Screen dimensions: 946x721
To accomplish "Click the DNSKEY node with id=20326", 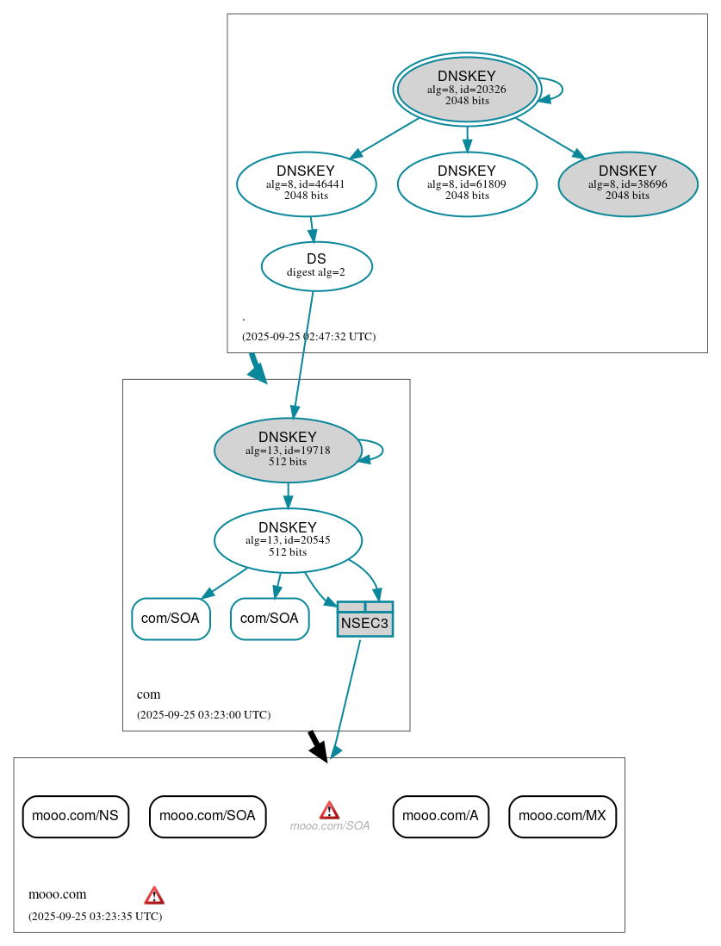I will (467, 89).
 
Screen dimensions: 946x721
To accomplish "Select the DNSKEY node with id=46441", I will (306, 184).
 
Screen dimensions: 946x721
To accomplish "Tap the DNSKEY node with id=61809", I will (467, 184).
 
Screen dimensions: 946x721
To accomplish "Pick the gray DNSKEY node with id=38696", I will (627, 184).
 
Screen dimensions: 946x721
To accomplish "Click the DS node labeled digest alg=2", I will (316, 266).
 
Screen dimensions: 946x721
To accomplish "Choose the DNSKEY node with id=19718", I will (288, 450).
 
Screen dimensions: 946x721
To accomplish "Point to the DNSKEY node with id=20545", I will (288, 540).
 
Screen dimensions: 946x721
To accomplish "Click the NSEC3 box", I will (365, 619).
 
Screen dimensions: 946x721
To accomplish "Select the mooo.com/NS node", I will (76, 816).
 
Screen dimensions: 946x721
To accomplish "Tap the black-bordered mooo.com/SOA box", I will (208, 816).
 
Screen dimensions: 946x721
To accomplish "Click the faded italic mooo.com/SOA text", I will (330, 826).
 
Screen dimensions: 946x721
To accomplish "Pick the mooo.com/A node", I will (440, 816).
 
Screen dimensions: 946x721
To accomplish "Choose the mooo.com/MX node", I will (563, 816).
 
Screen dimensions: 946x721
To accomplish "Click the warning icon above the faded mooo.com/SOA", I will (329, 809).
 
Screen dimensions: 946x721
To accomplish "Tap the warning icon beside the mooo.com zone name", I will (154, 894).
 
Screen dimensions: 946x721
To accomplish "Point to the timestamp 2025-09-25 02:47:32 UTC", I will (308, 337).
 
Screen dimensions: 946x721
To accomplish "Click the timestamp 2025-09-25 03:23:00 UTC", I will (203, 715).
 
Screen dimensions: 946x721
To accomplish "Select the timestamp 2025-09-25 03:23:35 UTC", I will (95, 917).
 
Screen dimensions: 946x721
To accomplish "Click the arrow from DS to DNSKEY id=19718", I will (303, 353).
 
